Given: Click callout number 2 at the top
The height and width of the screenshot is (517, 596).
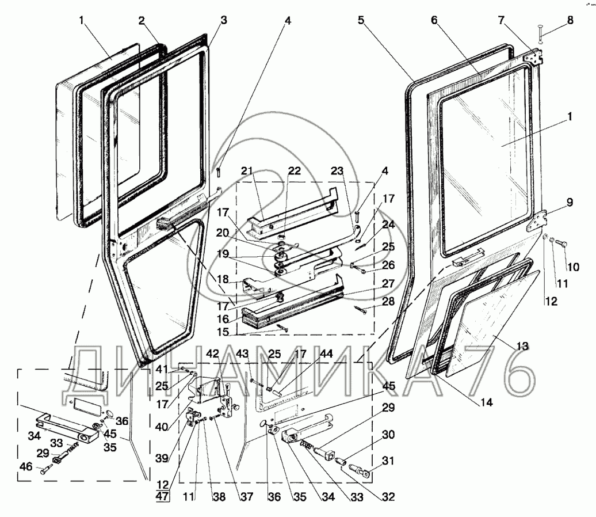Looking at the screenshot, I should point(141,20).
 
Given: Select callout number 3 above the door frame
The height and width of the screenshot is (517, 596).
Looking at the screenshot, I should point(223,20).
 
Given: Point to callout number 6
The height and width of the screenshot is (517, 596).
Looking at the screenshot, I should point(434,20).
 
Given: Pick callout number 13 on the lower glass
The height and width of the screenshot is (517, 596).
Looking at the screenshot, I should point(522,346).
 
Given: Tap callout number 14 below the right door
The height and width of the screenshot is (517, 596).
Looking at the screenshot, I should point(487,403).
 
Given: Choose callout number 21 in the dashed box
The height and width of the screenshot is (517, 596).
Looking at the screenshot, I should point(247,171).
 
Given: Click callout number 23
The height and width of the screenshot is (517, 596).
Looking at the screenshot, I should point(337,171).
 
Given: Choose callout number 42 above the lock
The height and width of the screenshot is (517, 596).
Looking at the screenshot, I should point(213,354).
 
